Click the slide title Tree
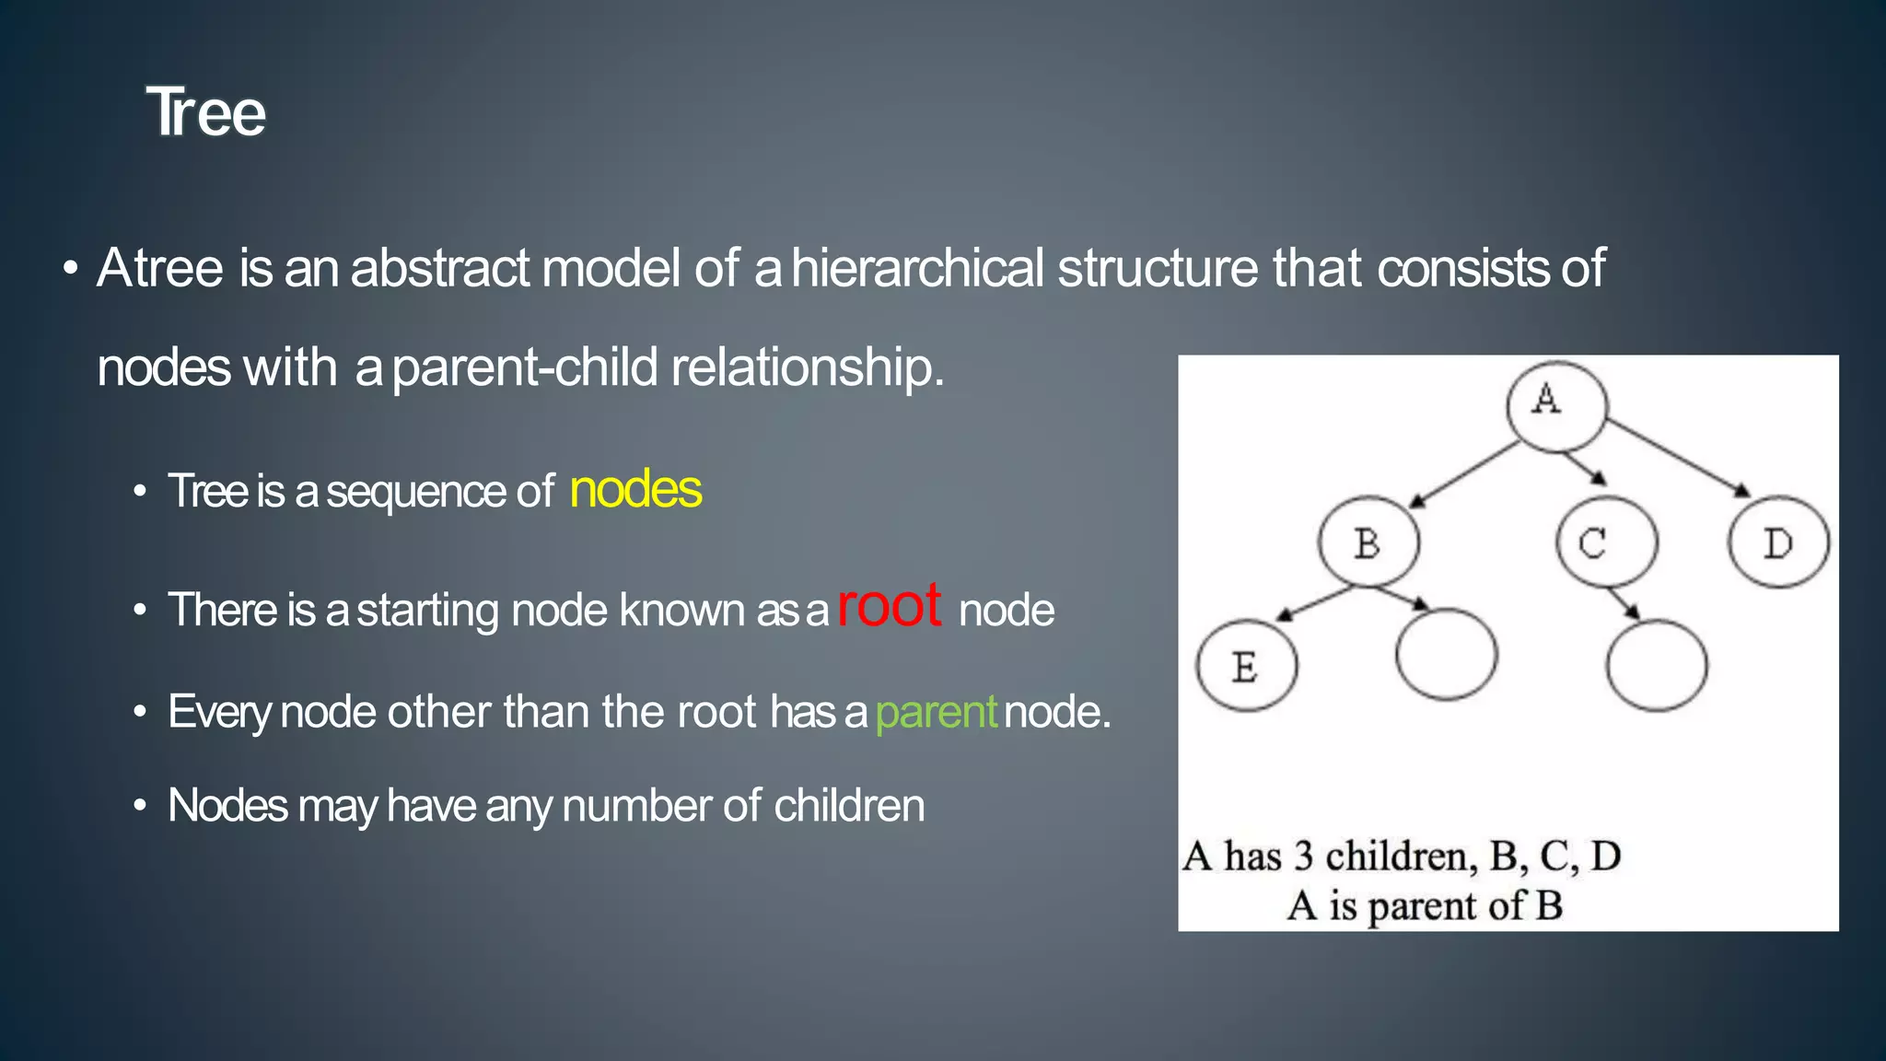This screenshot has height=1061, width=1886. click(x=205, y=112)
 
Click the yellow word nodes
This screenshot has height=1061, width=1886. click(x=635, y=489)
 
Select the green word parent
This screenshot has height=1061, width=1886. click(x=936, y=712)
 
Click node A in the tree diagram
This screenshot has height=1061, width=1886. click(x=1556, y=405)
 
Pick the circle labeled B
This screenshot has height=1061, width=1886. click(x=1368, y=542)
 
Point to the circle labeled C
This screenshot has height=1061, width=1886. click(x=1606, y=542)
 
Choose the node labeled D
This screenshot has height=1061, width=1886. click(x=1778, y=542)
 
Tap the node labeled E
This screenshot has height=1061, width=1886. click(x=1247, y=665)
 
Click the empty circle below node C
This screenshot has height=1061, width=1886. click(x=1656, y=665)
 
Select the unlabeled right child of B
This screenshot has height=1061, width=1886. click(x=1446, y=655)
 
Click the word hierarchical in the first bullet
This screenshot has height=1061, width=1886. click(x=917, y=268)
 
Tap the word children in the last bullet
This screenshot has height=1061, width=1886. click(x=848, y=806)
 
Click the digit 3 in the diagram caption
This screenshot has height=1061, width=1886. click(x=1303, y=857)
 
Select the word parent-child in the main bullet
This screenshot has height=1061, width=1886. click(x=525, y=367)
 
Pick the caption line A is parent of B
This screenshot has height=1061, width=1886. click(x=1424, y=905)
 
